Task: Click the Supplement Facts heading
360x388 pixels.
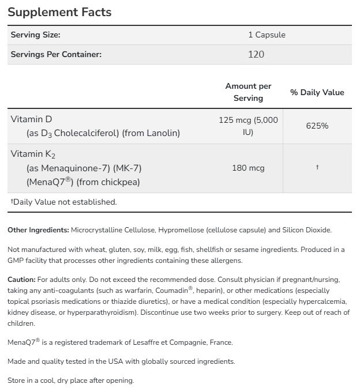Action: pos(60,12)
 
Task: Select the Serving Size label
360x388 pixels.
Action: pos(36,35)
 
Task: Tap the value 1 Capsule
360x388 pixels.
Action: pos(267,35)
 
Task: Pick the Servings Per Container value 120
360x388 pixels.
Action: pos(256,54)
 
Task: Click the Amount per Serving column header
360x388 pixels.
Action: pos(248,92)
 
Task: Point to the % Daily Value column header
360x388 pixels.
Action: pos(317,92)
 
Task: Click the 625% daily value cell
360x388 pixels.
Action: pos(317,125)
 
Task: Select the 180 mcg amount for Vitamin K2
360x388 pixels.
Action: pos(248,168)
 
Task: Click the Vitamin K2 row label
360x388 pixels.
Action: pos(33,154)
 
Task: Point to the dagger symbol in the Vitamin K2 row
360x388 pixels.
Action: pos(317,167)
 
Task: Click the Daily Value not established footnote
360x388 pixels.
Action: pos(63,202)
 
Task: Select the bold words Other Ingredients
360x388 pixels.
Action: pos(38,230)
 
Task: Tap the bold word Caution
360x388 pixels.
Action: pos(22,278)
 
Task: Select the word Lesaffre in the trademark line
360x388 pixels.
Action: pos(147,342)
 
